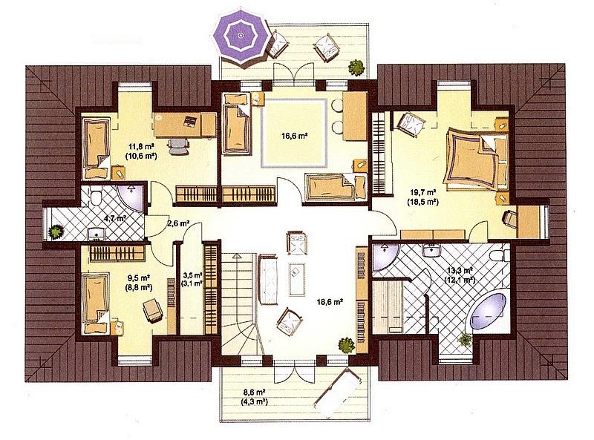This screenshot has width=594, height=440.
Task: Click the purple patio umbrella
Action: coord(240,36)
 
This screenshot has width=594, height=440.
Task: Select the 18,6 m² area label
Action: coord(330,302)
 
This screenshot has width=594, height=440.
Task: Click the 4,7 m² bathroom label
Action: coord(115,218)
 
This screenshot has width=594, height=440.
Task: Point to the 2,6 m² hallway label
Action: coord(178,223)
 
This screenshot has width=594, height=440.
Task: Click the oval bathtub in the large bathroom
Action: coord(488,311)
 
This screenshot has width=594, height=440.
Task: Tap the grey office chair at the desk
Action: coord(178,145)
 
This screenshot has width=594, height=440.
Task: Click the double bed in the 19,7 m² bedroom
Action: coord(477,158)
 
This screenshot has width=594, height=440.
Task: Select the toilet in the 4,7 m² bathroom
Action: coord(95,196)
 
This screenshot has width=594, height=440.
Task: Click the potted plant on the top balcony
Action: coord(356,67)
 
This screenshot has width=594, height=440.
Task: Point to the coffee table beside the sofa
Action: coord(296,279)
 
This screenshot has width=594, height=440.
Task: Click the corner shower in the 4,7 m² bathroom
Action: coord(131,197)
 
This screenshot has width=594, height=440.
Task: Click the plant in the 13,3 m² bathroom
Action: coord(465,340)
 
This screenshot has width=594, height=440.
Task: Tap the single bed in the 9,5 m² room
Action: coord(96,303)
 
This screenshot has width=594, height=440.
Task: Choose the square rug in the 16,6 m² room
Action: coord(293,133)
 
